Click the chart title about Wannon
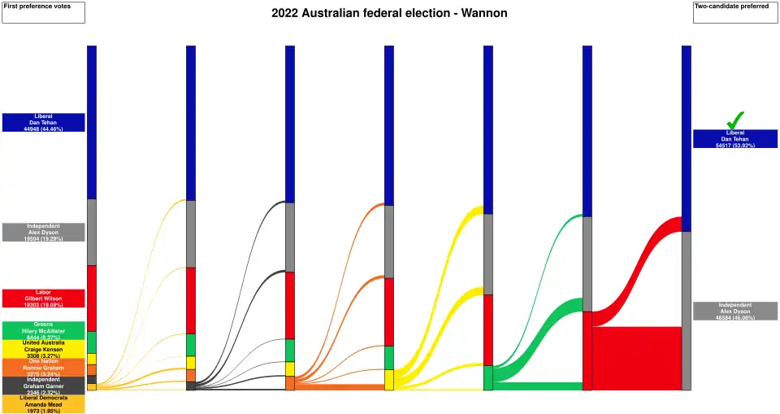click(x=389, y=14)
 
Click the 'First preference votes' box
click(x=44, y=12)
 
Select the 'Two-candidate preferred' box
click(x=735, y=12)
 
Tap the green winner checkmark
click(x=735, y=120)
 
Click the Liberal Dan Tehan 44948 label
click(x=44, y=123)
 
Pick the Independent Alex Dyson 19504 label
click(x=44, y=232)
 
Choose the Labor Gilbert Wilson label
click(x=44, y=299)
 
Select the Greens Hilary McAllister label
click(x=44, y=330)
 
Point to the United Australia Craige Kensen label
click(x=44, y=349)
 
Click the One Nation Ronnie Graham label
click(x=44, y=367)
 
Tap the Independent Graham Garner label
click(x=44, y=386)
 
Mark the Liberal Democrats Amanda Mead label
click(x=44, y=403)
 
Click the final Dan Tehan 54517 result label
click(x=735, y=139)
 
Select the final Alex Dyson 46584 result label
click(x=735, y=311)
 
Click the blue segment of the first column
click(x=92, y=122)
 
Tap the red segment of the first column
click(x=92, y=299)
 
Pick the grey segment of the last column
click(x=687, y=311)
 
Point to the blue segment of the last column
click(x=687, y=138)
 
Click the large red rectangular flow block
click(x=636, y=358)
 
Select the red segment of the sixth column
click(x=587, y=350)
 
